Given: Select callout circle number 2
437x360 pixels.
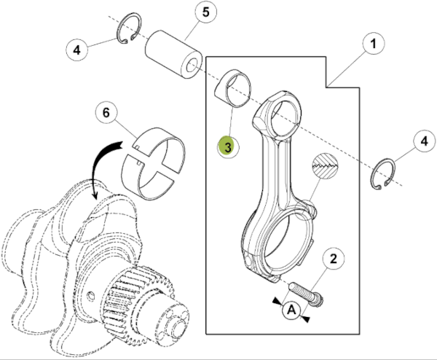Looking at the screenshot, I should click(333, 258).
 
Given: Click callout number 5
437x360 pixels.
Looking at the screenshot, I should click(205, 13).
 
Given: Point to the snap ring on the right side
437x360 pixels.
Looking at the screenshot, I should click(384, 178).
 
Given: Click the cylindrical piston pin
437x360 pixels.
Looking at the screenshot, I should click(173, 52).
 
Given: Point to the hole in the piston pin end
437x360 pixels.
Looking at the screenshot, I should click(193, 69).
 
